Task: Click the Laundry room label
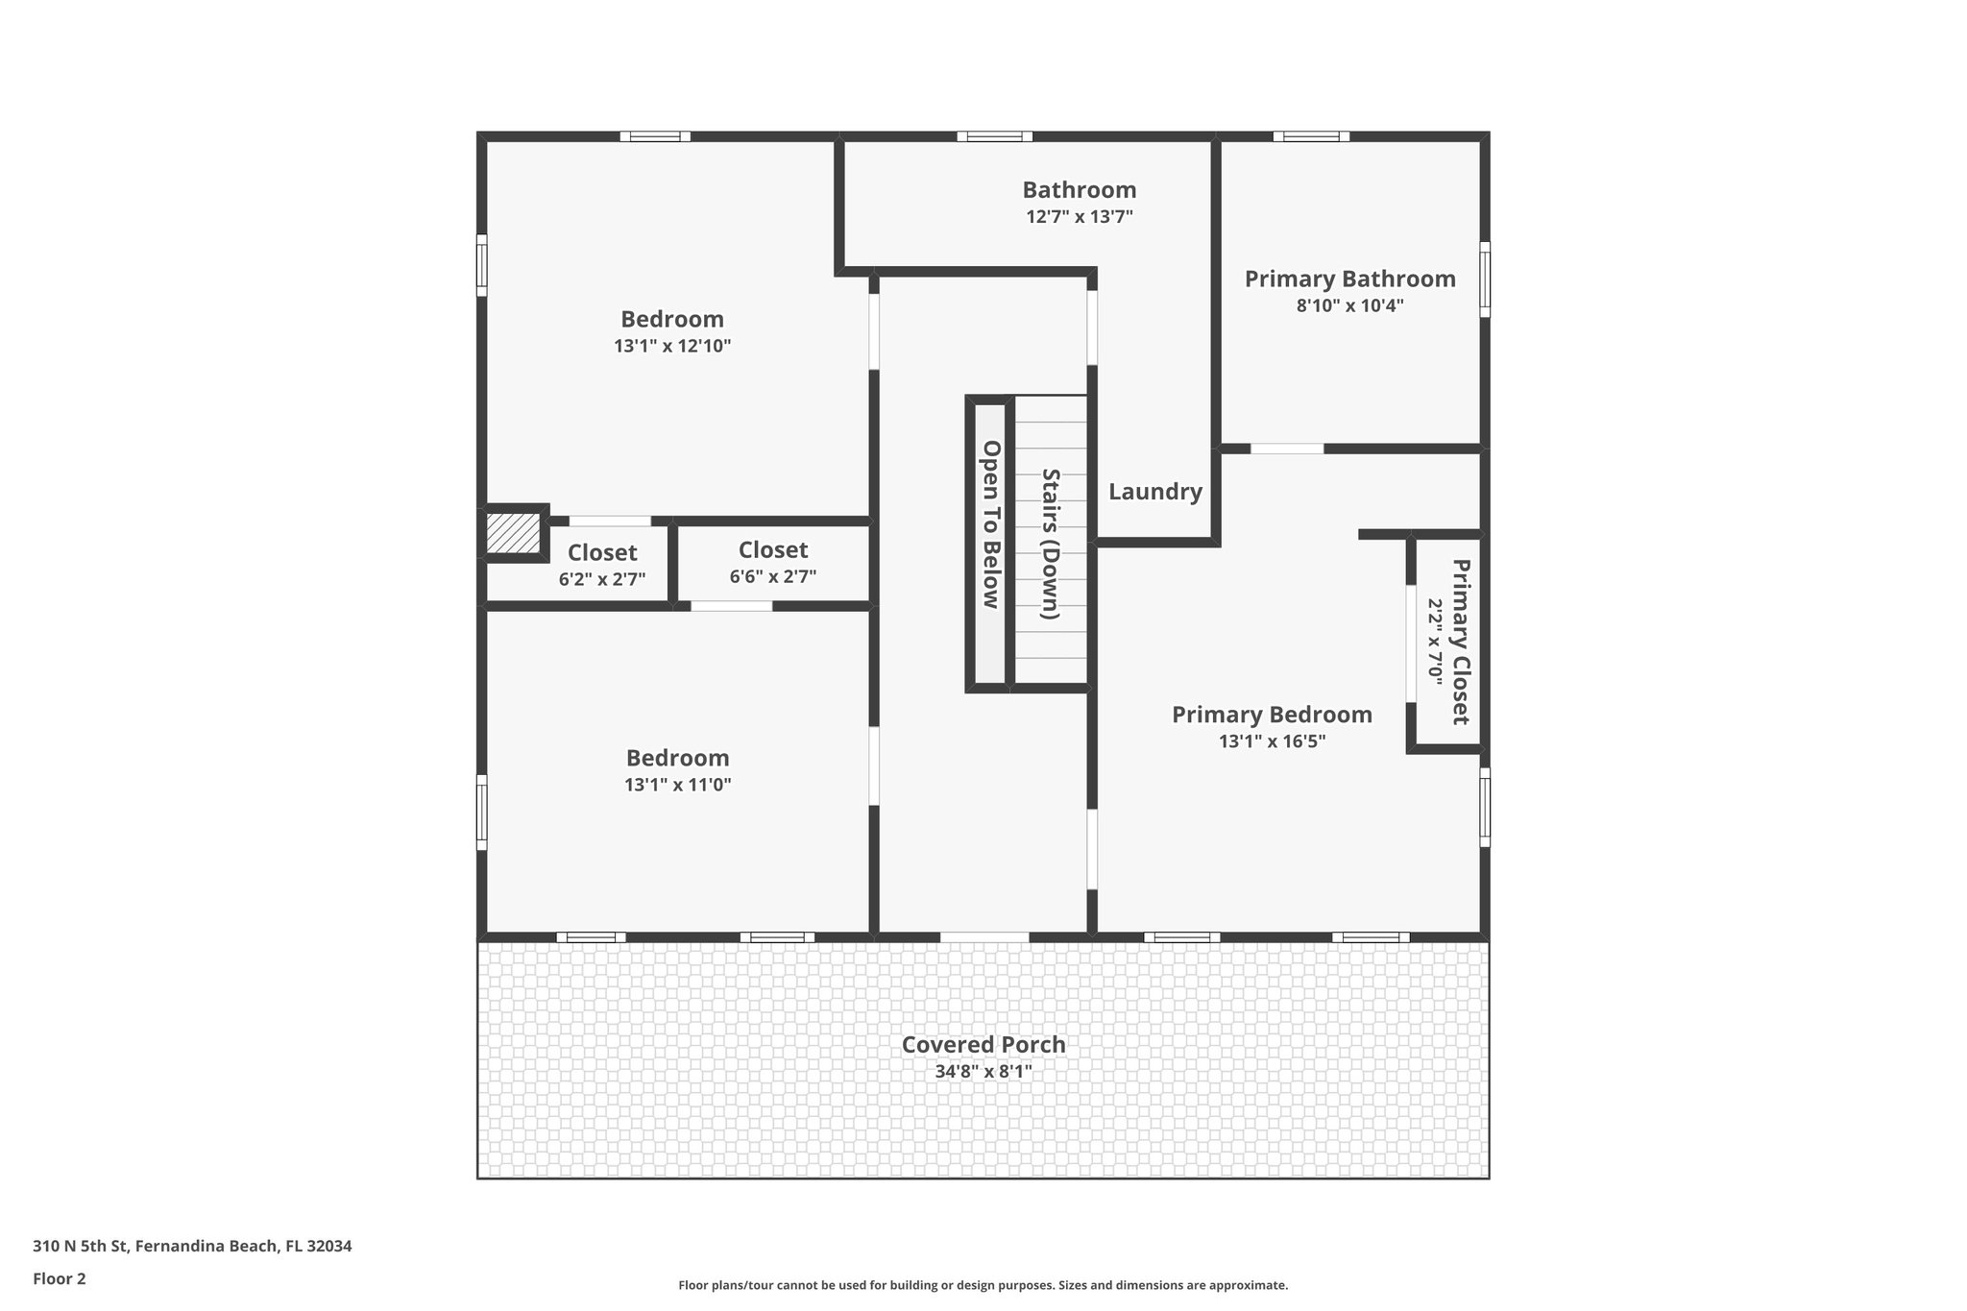(1154, 492)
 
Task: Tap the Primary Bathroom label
(1349, 279)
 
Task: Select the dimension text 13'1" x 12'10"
(672, 346)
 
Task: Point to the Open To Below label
(990, 524)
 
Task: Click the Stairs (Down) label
(1051, 544)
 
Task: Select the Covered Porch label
(983, 1044)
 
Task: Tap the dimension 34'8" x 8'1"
(983, 1071)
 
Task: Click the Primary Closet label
(1460, 642)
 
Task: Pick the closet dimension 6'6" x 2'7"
(772, 576)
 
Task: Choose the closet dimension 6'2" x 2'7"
(601, 579)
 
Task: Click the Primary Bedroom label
(1271, 715)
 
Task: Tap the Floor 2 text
(60, 1278)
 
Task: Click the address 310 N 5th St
(192, 1246)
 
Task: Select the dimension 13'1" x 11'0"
(677, 785)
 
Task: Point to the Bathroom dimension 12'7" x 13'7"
(1079, 217)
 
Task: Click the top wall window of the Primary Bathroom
(1311, 136)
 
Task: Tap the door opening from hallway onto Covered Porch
(983, 936)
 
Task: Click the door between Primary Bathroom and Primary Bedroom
(1286, 449)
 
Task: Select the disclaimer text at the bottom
(983, 1285)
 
